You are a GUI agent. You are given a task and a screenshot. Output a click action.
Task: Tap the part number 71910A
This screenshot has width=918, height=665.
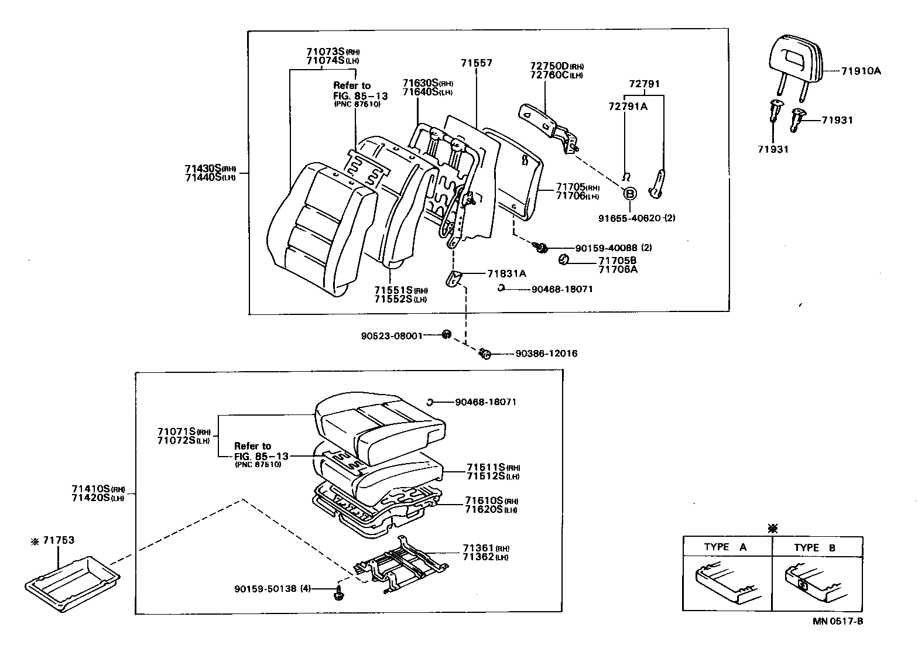[x=861, y=71]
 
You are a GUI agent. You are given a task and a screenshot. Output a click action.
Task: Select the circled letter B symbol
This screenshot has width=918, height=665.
[x=629, y=194]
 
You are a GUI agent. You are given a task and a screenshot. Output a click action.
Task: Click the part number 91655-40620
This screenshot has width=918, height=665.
[x=629, y=218]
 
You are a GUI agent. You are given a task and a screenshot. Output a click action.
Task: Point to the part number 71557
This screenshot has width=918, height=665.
[x=476, y=63]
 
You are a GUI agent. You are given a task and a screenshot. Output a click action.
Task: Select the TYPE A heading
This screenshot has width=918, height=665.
[x=725, y=547]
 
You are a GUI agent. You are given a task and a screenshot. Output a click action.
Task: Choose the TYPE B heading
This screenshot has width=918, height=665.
[x=814, y=548]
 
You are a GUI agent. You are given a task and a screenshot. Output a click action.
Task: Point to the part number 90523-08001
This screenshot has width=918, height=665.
[x=391, y=337]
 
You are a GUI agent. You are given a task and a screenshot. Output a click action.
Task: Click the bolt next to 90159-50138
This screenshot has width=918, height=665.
[x=338, y=593]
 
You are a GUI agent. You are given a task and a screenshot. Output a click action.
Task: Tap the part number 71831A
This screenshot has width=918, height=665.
[x=506, y=273]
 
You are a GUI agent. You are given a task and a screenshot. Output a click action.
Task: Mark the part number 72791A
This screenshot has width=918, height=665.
[x=628, y=106]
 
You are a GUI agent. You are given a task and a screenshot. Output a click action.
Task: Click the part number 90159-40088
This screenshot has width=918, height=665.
[x=606, y=248]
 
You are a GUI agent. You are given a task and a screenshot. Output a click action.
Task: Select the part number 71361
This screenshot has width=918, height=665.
[x=478, y=548]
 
